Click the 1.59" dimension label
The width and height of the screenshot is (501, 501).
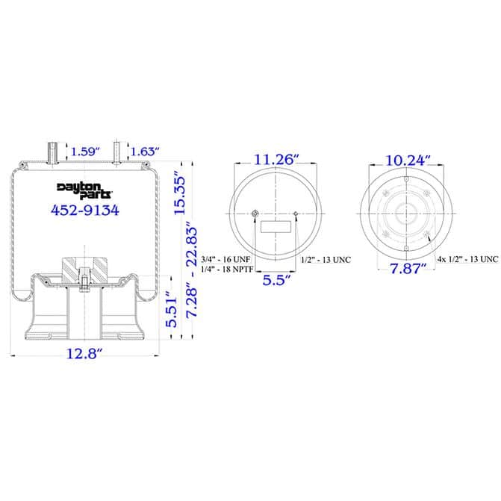click(x=84, y=152)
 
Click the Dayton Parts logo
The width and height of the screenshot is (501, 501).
click(x=85, y=190)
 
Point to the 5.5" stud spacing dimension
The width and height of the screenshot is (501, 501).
click(x=276, y=281)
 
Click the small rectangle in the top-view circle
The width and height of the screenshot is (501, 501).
click(x=276, y=228)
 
